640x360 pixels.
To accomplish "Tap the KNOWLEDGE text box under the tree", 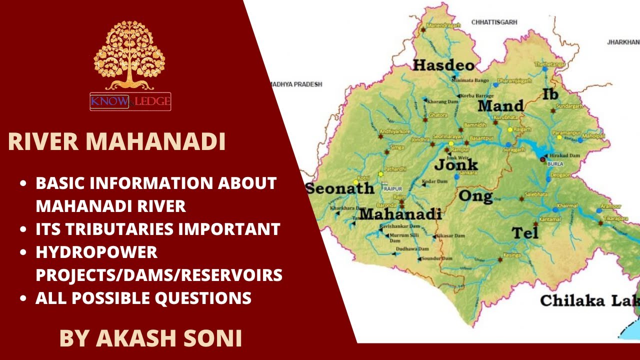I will tap(130, 102).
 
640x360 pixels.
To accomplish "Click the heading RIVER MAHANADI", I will tap(116, 141).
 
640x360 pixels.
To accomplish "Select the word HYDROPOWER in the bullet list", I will tap(96, 252).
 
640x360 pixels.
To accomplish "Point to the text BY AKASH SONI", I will tap(150, 338).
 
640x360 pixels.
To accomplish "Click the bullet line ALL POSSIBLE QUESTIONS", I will tap(143, 298).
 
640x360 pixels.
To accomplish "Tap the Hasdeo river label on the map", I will tap(443, 65).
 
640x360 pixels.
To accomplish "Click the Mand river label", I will tap(500, 106).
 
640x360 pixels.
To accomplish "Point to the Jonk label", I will tap(456, 164).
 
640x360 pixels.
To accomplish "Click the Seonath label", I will tap(340, 188).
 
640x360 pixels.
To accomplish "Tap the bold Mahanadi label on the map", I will tap(400, 214).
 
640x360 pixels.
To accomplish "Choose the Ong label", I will tap(475, 195).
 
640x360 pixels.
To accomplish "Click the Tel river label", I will tap(525, 232).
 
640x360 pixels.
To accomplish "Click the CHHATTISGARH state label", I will tap(494, 22).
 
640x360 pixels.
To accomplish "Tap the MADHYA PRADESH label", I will tap(296, 84).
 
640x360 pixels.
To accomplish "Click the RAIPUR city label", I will tap(393, 188).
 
